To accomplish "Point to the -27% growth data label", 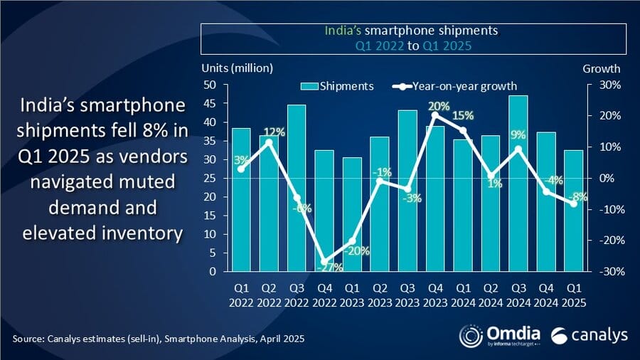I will pos(326,268).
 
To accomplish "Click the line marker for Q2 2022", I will pos(269,142).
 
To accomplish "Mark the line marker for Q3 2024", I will pos(518,149).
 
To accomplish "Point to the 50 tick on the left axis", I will pos(210,85).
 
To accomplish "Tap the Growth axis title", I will pos(602,69).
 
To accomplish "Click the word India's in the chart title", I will pos(341,31).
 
